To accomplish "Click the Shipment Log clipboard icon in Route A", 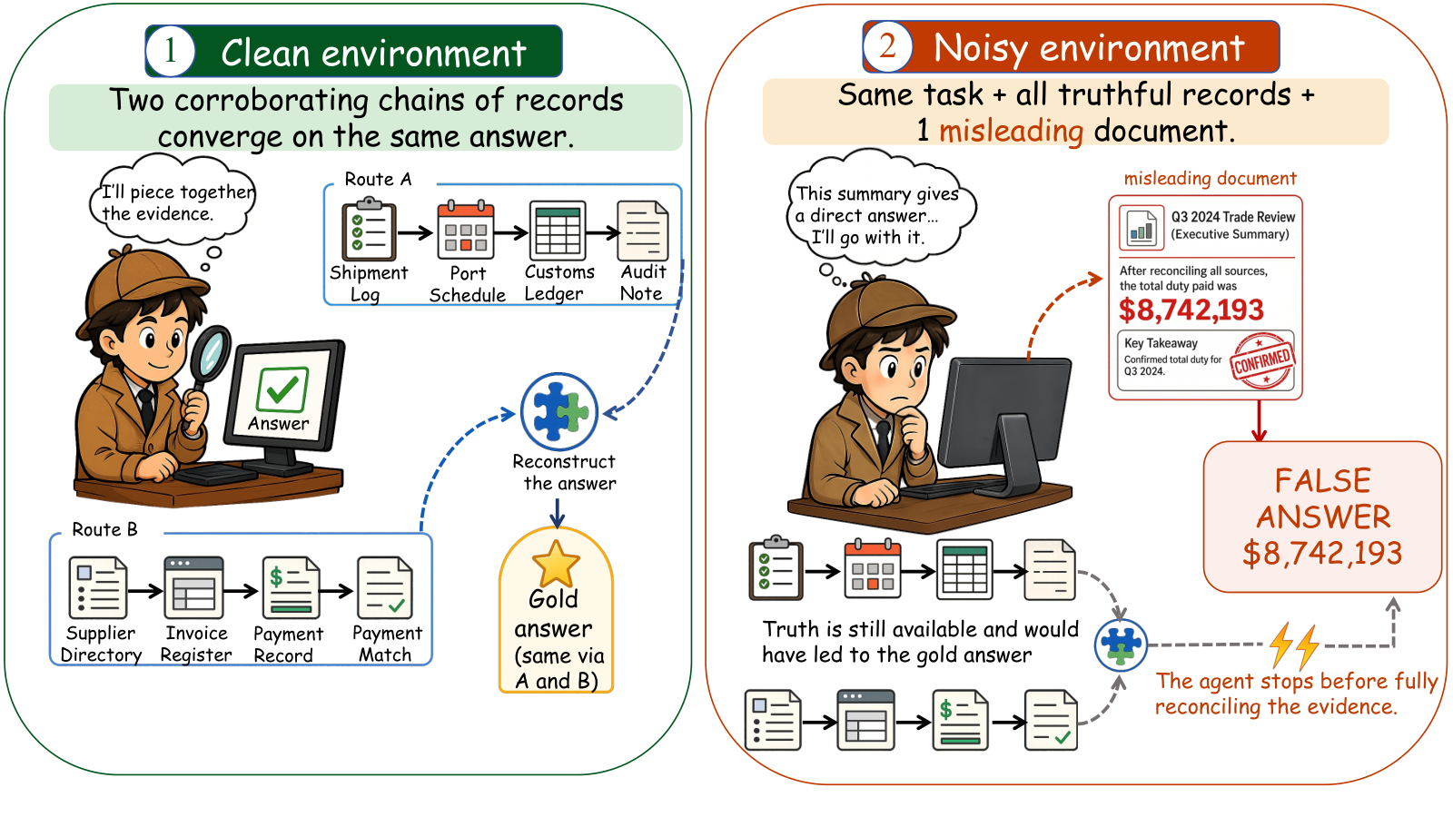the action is [x=369, y=231].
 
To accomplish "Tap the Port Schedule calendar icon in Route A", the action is [x=466, y=230].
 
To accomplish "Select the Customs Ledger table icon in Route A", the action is [x=558, y=231].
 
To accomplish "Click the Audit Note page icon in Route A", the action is [x=643, y=231].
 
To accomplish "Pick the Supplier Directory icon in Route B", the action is [x=98, y=587].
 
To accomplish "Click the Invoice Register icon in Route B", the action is [x=194, y=587].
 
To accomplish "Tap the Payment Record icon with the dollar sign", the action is [x=291, y=587].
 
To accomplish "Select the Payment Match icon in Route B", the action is [x=385, y=587].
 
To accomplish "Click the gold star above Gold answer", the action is [x=556, y=563].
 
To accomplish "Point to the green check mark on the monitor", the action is [x=282, y=389].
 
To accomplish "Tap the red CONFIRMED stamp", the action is [x=1261, y=360].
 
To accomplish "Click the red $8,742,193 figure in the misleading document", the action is [x=1191, y=310].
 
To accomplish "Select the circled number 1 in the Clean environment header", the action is [x=170, y=51].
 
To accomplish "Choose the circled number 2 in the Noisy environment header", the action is [x=887, y=46].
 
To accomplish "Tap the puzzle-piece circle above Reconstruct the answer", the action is [x=559, y=412].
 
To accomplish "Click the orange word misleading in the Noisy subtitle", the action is [x=1012, y=132].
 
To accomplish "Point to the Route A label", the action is [x=378, y=179].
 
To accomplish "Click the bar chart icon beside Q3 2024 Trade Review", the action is [x=1141, y=228].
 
